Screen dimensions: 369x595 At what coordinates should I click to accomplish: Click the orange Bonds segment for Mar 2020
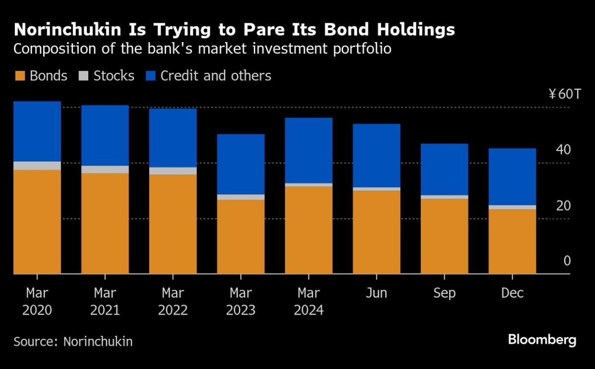37,221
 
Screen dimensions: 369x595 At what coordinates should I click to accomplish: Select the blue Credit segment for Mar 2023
241,164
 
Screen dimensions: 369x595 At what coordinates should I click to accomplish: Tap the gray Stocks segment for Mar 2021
105,169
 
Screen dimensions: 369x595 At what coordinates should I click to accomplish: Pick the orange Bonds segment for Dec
512,241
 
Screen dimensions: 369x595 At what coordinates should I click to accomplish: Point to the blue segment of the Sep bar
444,169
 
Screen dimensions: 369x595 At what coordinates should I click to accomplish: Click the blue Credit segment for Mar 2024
309,150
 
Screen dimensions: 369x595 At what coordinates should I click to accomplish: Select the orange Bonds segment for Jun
376,232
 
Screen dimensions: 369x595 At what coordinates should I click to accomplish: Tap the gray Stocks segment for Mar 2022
173,171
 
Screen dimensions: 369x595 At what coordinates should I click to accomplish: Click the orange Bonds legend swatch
20,76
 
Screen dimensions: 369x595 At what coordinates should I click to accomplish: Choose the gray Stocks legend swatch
84,76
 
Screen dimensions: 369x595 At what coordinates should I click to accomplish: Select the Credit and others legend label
216,76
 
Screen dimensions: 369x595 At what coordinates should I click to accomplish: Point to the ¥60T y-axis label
560,95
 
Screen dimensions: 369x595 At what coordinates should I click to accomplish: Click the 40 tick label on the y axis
564,150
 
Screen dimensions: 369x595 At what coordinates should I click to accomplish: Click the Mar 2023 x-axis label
241,302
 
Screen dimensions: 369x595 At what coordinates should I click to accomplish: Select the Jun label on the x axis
376,293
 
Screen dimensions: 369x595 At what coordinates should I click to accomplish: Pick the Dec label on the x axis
512,293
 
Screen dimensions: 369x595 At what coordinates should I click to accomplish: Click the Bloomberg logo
542,340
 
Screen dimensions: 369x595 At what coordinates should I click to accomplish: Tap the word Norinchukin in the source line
98,341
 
